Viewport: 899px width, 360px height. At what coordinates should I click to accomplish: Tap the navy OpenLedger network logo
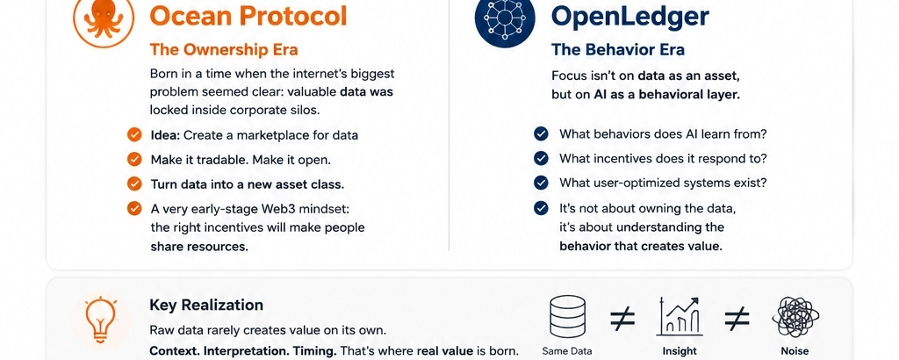505,18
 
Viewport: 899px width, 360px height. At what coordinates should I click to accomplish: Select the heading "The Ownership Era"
224,49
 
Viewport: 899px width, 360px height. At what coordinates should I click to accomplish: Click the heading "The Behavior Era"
618,50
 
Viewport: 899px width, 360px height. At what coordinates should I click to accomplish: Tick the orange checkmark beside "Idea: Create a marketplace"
134,135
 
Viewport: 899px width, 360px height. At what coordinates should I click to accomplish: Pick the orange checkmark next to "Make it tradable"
134,160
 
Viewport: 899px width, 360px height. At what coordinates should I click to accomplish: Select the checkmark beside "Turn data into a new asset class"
134,184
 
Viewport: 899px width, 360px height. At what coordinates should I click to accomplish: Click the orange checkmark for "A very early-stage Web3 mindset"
134,208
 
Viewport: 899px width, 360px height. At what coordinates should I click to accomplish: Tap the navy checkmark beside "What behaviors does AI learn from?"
541,134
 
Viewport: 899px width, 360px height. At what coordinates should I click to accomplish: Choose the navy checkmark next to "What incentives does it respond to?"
541,158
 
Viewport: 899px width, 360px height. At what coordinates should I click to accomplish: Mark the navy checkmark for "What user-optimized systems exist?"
541,183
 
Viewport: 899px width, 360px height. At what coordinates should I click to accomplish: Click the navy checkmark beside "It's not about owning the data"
541,208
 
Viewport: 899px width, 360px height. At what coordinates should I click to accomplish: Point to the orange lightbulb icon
101,320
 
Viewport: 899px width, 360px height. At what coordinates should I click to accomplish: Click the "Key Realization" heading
206,305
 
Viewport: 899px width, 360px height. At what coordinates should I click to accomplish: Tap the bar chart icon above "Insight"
680,317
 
